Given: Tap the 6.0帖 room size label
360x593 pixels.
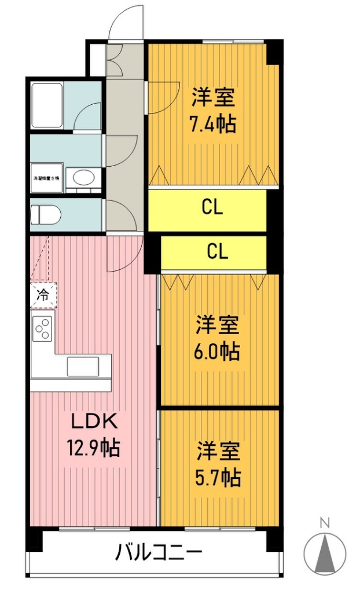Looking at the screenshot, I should pos(216,351).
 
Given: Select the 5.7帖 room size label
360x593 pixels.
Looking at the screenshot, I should pos(218,477).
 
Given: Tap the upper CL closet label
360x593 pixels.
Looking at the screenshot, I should pos(212,207).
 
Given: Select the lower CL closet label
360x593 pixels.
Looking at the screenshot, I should pos(218,251).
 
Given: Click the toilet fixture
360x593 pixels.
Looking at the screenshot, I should pos(47,215).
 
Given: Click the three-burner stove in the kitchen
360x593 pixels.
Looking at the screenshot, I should pos(42,330).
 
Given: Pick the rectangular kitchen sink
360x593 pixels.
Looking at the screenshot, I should pos(83,366).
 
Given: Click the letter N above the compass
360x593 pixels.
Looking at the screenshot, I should pos(325,524).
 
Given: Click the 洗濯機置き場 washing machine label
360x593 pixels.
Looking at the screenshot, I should pos(46,178).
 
